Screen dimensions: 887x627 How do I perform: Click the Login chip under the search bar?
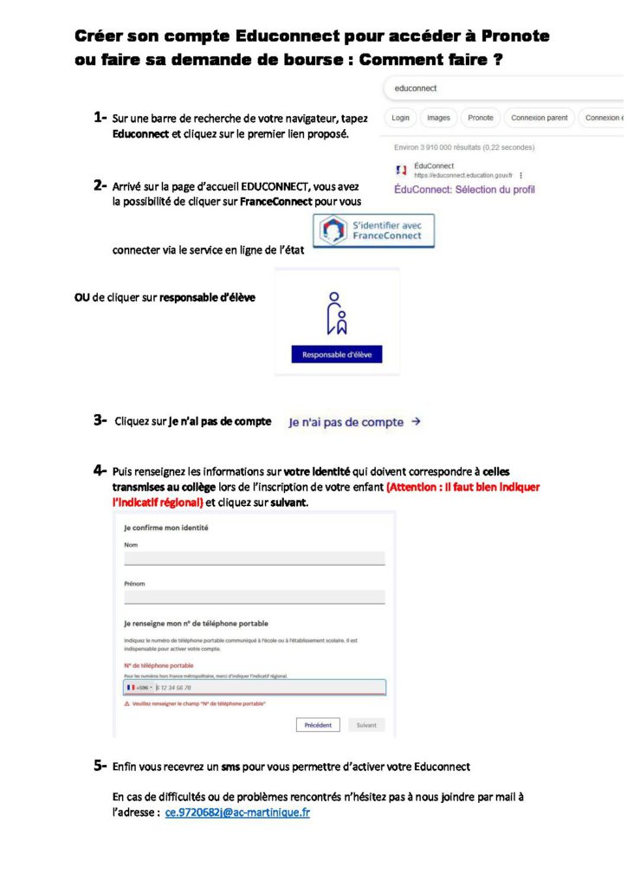pyautogui.click(x=400, y=118)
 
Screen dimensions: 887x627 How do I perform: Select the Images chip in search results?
pyautogui.click(x=438, y=118)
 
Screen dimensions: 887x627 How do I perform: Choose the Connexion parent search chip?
pyautogui.click(x=539, y=118)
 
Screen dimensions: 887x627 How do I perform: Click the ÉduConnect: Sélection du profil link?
pyautogui.click(x=464, y=189)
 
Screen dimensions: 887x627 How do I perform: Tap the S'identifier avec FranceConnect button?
pyautogui.click(x=373, y=230)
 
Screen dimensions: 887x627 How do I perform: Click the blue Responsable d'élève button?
pyautogui.click(x=336, y=354)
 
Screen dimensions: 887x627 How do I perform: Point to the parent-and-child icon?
pyautogui.click(x=336, y=313)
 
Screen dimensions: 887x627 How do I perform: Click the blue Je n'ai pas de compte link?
pyautogui.click(x=354, y=422)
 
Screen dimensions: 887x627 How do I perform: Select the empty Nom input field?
pyautogui.click(x=254, y=559)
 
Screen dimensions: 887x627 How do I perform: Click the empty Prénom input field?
pyautogui.click(x=254, y=597)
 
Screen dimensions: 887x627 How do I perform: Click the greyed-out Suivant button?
pyautogui.click(x=366, y=725)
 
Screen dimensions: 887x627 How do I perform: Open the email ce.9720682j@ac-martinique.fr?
pyautogui.click(x=236, y=813)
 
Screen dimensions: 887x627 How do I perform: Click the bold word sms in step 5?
pyautogui.click(x=229, y=767)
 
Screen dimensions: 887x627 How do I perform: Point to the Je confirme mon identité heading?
pyautogui.click(x=166, y=528)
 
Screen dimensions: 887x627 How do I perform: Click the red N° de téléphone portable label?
pyautogui.click(x=158, y=665)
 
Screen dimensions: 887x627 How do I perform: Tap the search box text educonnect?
pyautogui.click(x=416, y=88)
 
